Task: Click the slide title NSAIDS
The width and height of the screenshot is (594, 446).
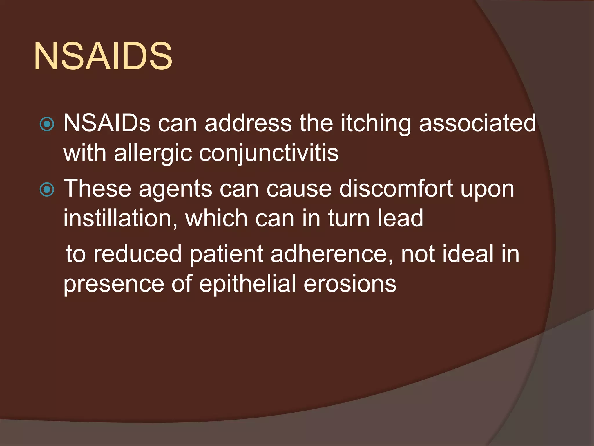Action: (x=103, y=56)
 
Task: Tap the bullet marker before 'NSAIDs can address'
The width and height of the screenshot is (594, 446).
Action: (x=47, y=124)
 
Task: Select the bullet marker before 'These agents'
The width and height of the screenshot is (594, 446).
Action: (x=47, y=190)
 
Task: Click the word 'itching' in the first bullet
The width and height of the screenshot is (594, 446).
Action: (x=376, y=123)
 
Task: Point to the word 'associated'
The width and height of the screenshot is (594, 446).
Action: (x=477, y=123)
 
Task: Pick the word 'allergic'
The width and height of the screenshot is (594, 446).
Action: (x=153, y=153)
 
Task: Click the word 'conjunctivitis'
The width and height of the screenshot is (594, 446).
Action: (x=269, y=153)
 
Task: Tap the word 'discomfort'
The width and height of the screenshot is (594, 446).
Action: (x=396, y=188)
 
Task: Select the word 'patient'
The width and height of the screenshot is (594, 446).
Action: (x=227, y=254)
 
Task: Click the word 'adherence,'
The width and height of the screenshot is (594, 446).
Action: (x=332, y=254)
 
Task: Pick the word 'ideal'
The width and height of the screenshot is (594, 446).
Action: (x=468, y=254)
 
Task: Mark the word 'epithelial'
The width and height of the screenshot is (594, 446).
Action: (x=247, y=284)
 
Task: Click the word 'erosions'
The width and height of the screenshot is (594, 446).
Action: (x=350, y=284)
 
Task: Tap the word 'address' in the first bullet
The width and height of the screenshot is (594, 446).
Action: (x=248, y=123)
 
